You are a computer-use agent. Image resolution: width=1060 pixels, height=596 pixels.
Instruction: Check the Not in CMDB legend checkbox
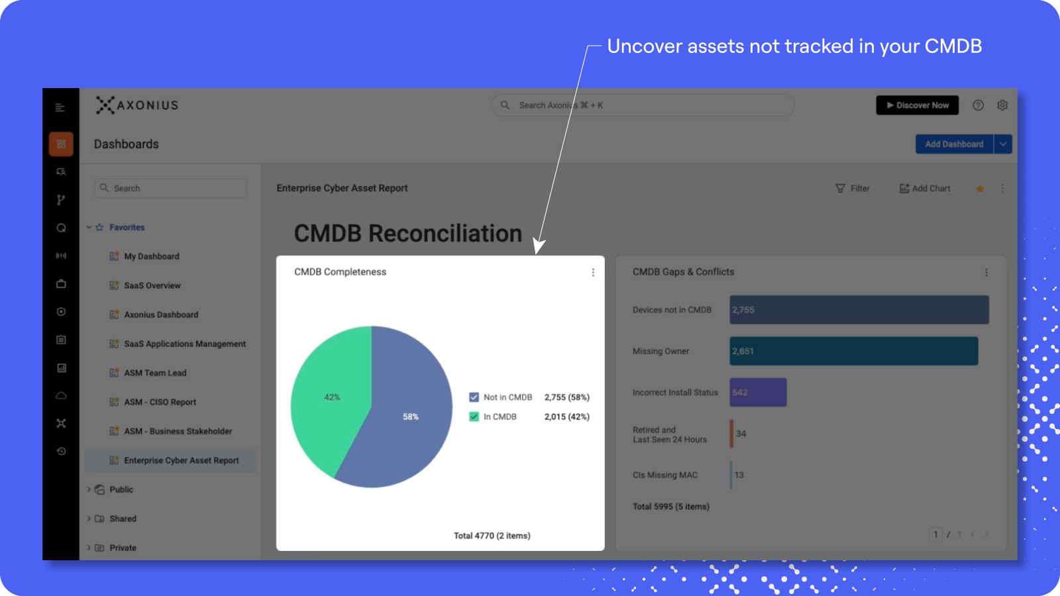pyautogui.click(x=474, y=397)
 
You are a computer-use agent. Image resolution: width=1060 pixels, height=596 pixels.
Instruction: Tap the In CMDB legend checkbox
pyautogui.click(x=474, y=417)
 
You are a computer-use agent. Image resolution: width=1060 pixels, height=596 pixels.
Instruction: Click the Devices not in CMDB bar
pyautogui.click(x=859, y=310)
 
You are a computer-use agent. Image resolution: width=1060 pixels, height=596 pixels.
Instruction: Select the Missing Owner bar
pyautogui.click(x=854, y=351)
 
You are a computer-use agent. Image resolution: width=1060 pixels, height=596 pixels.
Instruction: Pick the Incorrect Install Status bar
pyautogui.click(x=758, y=392)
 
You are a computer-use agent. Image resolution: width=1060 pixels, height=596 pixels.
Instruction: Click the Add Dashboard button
pyautogui.click(x=954, y=144)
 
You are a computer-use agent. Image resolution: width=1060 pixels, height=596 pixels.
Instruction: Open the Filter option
pyautogui.click(x=852, y=188)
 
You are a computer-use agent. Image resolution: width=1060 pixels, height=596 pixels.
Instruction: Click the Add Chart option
pyautogui.click(x=925, y=188)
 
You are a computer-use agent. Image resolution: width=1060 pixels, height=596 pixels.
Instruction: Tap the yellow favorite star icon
pyautogui.click(x=980, y=189)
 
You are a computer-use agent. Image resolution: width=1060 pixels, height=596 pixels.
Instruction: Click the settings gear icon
pyautogui.click(x=1002, y=105)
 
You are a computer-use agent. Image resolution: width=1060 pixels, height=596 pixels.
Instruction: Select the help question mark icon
pyautogui.click(x=978, y=105)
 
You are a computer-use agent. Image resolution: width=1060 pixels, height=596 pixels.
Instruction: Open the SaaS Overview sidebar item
pyautogui.click(x=152, y=285)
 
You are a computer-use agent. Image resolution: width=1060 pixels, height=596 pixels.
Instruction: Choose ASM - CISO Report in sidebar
pyautogui.click(x=160, y=402)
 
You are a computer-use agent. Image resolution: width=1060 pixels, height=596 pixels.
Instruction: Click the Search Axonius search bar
pyautogui.click(x=643, y=105)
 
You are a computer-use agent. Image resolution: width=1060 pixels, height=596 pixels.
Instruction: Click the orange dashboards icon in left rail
pyautogui.click(x=61, y=144)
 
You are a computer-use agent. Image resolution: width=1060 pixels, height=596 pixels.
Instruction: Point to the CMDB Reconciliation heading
pyautogui.click(x=408, y=233)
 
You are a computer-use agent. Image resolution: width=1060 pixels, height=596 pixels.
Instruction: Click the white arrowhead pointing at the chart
pyautogui.click(x=539, y=246)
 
